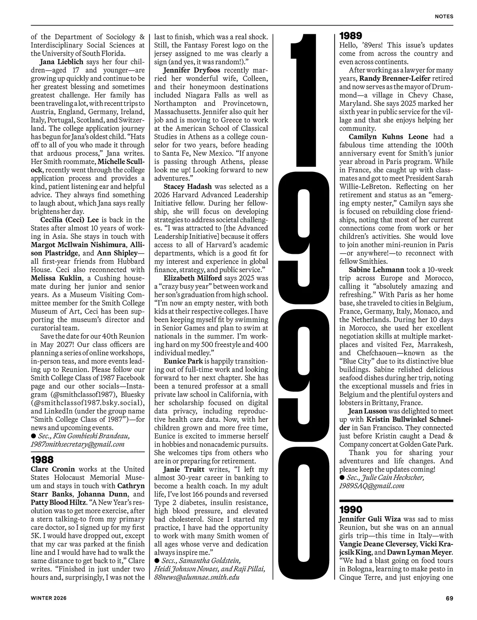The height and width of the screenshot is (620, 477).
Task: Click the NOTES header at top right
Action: (x=444, y=16)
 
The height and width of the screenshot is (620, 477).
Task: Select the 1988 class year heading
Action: (x=42, y=460)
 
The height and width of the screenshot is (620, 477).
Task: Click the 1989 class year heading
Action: (x=351, y=36)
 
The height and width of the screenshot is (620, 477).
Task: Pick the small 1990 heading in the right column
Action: (x=351, y=510)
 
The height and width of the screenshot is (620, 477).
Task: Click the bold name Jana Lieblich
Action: (x=61, y=62)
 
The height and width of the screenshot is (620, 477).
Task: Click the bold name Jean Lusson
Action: (x=368, y=411)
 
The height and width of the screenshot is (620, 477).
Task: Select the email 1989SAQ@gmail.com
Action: (x=372, y=485)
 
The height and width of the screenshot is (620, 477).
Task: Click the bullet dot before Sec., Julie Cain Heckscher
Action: (x=342, y=478)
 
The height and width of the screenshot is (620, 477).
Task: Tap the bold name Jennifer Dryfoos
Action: (x=189, y=70)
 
